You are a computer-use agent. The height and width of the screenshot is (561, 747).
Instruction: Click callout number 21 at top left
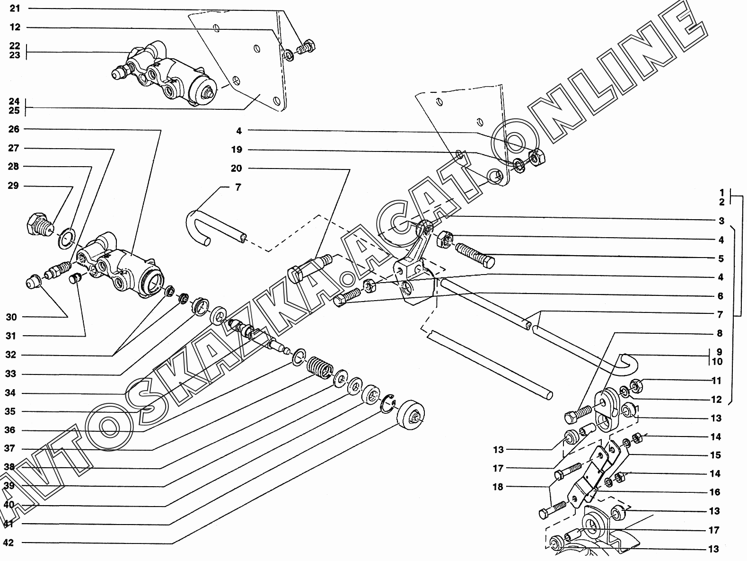pos(15,9)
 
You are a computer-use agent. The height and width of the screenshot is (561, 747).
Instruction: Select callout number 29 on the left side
pos(13,186)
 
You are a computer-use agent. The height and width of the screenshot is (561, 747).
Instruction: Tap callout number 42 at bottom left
pos(8,543)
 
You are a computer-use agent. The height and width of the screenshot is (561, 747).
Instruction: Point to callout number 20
pos(236,168)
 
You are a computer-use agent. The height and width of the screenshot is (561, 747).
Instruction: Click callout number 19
pos(237,150)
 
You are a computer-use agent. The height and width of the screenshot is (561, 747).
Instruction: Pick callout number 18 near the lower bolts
pos(498,487)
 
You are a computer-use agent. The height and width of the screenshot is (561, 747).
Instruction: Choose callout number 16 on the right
pos(715,492)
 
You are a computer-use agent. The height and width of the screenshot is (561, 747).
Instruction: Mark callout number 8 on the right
pos(719,333)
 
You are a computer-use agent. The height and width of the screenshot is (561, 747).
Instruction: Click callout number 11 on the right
pos(716,381)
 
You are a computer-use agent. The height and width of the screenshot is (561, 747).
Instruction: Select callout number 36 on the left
pos(10,430)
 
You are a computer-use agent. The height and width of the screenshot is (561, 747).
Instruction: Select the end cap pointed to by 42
pos(411,414)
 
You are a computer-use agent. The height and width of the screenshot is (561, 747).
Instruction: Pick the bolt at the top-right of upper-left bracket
pos(306,47)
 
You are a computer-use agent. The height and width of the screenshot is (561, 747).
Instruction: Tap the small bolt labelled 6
pos(346,297)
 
